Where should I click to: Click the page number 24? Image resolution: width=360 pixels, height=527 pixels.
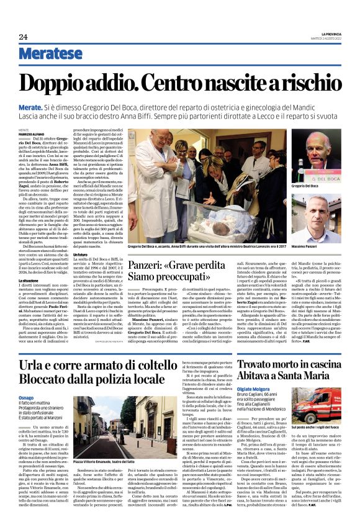(23, 37)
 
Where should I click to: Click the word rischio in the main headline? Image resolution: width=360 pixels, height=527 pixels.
(308, 81)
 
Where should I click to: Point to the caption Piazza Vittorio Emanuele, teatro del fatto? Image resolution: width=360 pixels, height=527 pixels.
(103, 462)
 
